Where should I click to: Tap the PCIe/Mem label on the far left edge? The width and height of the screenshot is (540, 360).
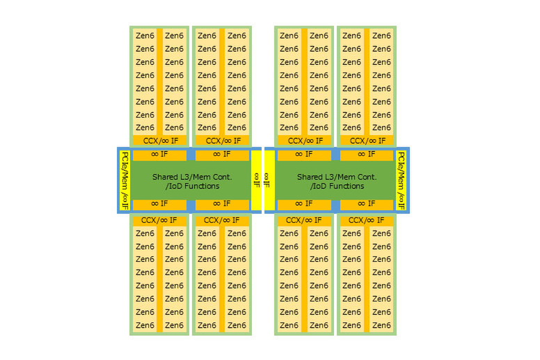(125, 180)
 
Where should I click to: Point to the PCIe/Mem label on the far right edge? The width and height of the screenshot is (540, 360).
(401, 180)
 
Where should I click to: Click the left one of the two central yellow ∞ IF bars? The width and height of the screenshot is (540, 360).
(256, 180)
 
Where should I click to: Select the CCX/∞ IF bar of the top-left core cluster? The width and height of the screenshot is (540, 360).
(159, 140)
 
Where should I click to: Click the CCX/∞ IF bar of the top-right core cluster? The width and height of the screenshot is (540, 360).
(365, 140)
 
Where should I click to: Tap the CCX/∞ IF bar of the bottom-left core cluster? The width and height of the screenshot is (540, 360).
(159, 221)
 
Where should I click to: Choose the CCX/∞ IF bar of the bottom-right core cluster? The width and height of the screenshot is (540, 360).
(365, 221)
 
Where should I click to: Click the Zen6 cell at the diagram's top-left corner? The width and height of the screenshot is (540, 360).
(145, 36)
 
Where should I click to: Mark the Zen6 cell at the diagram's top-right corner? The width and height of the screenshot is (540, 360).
(381, 36)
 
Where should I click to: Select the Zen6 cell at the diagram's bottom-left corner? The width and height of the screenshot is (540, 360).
(145, 325)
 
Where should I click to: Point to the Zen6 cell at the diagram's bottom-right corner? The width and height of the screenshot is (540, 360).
(381, 325)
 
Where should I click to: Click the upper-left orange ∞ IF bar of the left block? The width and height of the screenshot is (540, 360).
(159, 155)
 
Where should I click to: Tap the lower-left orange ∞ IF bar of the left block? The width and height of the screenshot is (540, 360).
(159, 204)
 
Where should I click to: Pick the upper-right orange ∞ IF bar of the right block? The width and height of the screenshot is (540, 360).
(365, 155)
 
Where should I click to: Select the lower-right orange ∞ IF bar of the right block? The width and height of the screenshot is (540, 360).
(365, 204)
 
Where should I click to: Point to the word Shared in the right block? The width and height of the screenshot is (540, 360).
(310, 177)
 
